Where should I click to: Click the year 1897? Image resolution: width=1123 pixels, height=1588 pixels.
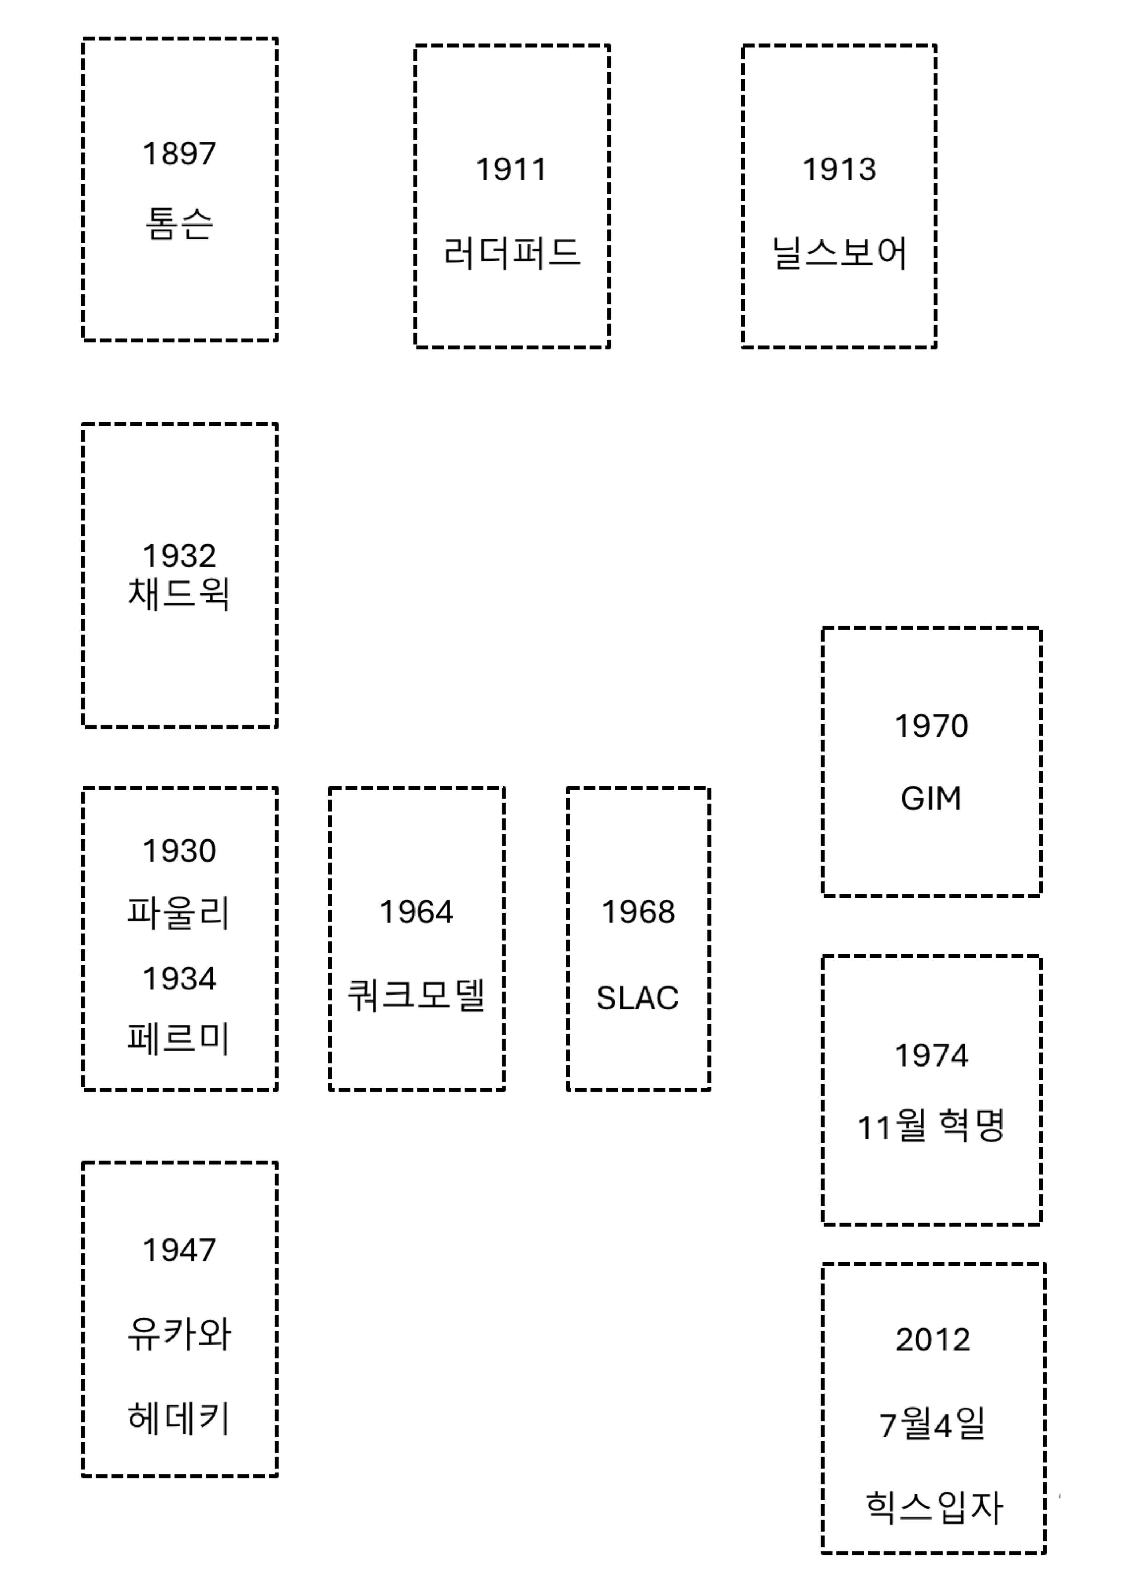click(179, 154)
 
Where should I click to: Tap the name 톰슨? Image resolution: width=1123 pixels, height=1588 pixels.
click(179, 224)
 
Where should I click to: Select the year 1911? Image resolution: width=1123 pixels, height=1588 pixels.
click(512, 170)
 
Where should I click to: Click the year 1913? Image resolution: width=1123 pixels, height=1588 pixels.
click(839, 170)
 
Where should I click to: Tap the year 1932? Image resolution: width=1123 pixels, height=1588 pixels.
click(179, 555)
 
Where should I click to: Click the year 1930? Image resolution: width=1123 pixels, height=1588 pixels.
click(179, 851)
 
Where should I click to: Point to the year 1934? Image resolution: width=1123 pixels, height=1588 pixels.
click(179, 978)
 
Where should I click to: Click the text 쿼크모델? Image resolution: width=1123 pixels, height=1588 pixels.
click(416, 995)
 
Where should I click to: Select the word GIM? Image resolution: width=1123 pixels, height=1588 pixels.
click(931, 798)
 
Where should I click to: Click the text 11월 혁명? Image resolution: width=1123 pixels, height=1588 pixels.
click(931, 1126)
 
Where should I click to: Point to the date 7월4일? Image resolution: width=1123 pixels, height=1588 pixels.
click(932, 1425)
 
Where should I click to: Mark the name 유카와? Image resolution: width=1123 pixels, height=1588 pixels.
click(179, 1334)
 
